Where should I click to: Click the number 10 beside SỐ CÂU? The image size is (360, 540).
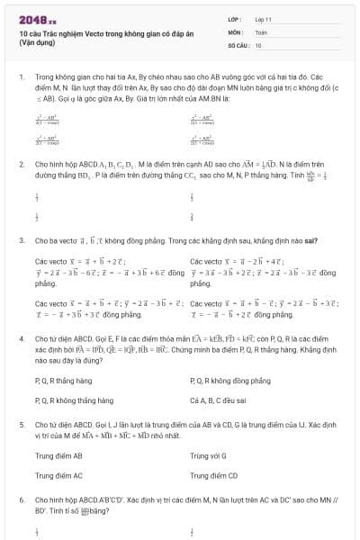click(258, 44)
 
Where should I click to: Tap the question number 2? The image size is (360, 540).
click(21, 165)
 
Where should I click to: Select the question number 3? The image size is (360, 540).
click(21, 240)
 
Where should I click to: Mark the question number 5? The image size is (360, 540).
click(21, 419)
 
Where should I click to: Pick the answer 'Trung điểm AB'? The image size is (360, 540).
click(58, 455)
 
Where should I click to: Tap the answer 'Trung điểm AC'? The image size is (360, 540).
click(58, 474)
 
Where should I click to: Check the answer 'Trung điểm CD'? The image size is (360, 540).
click(214, 474)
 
